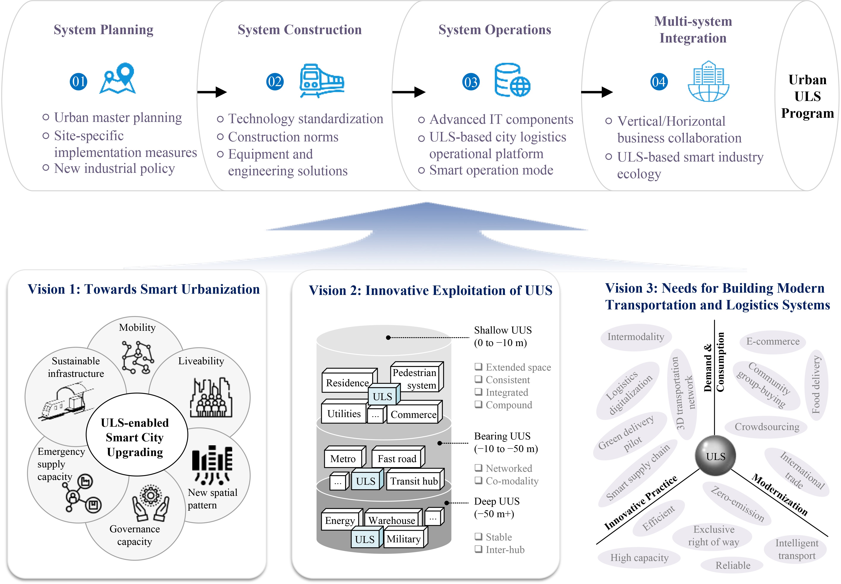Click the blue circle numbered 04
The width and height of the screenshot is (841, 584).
(x=659, y=82)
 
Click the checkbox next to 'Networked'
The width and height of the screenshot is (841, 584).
(x=478, y=468)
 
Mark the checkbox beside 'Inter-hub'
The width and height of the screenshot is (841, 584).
(x=478, y=549)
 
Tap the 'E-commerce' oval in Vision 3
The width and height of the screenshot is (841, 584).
(x=773, y=341)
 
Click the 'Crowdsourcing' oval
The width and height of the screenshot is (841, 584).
(x=766, y=427)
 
